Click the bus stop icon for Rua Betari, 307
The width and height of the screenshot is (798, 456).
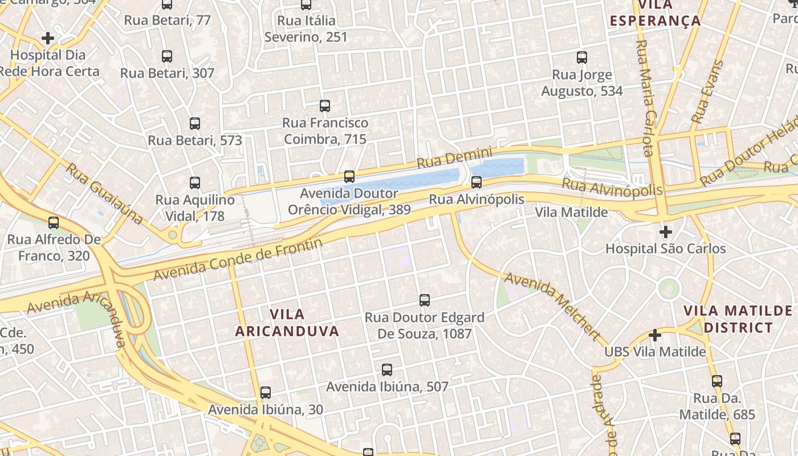[x=166, y=56]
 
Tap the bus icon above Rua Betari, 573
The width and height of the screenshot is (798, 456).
[x=195, y=124]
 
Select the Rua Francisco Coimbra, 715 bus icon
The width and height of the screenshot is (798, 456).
[x=325, y=106]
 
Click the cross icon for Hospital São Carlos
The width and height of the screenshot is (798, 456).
[x=665, y=232]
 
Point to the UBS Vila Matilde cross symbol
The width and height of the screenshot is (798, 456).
[x=655, y=335]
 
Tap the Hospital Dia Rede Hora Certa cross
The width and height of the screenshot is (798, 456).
[x=48, y=38]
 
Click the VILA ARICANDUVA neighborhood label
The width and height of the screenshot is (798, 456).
[x=287, y=323]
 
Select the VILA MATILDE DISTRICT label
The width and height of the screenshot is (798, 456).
[x=738, y=319]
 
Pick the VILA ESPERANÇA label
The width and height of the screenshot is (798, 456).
[x=655, y=13]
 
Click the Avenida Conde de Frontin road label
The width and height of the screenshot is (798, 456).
[x=238, y=259]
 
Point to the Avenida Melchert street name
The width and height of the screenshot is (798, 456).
[x=552, y=306]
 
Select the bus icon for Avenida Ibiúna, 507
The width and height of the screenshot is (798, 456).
[x=387, y=370]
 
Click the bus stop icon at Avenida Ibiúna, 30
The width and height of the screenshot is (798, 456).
[x=266, y=393]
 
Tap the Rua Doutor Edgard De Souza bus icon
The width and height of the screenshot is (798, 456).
[x=424, y=300]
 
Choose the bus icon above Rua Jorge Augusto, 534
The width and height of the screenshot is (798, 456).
[x=582, y=58]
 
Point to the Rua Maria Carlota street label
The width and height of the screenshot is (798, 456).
[x=645, y=97]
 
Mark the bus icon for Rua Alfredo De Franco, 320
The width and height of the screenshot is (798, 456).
[x=54, y=223]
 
